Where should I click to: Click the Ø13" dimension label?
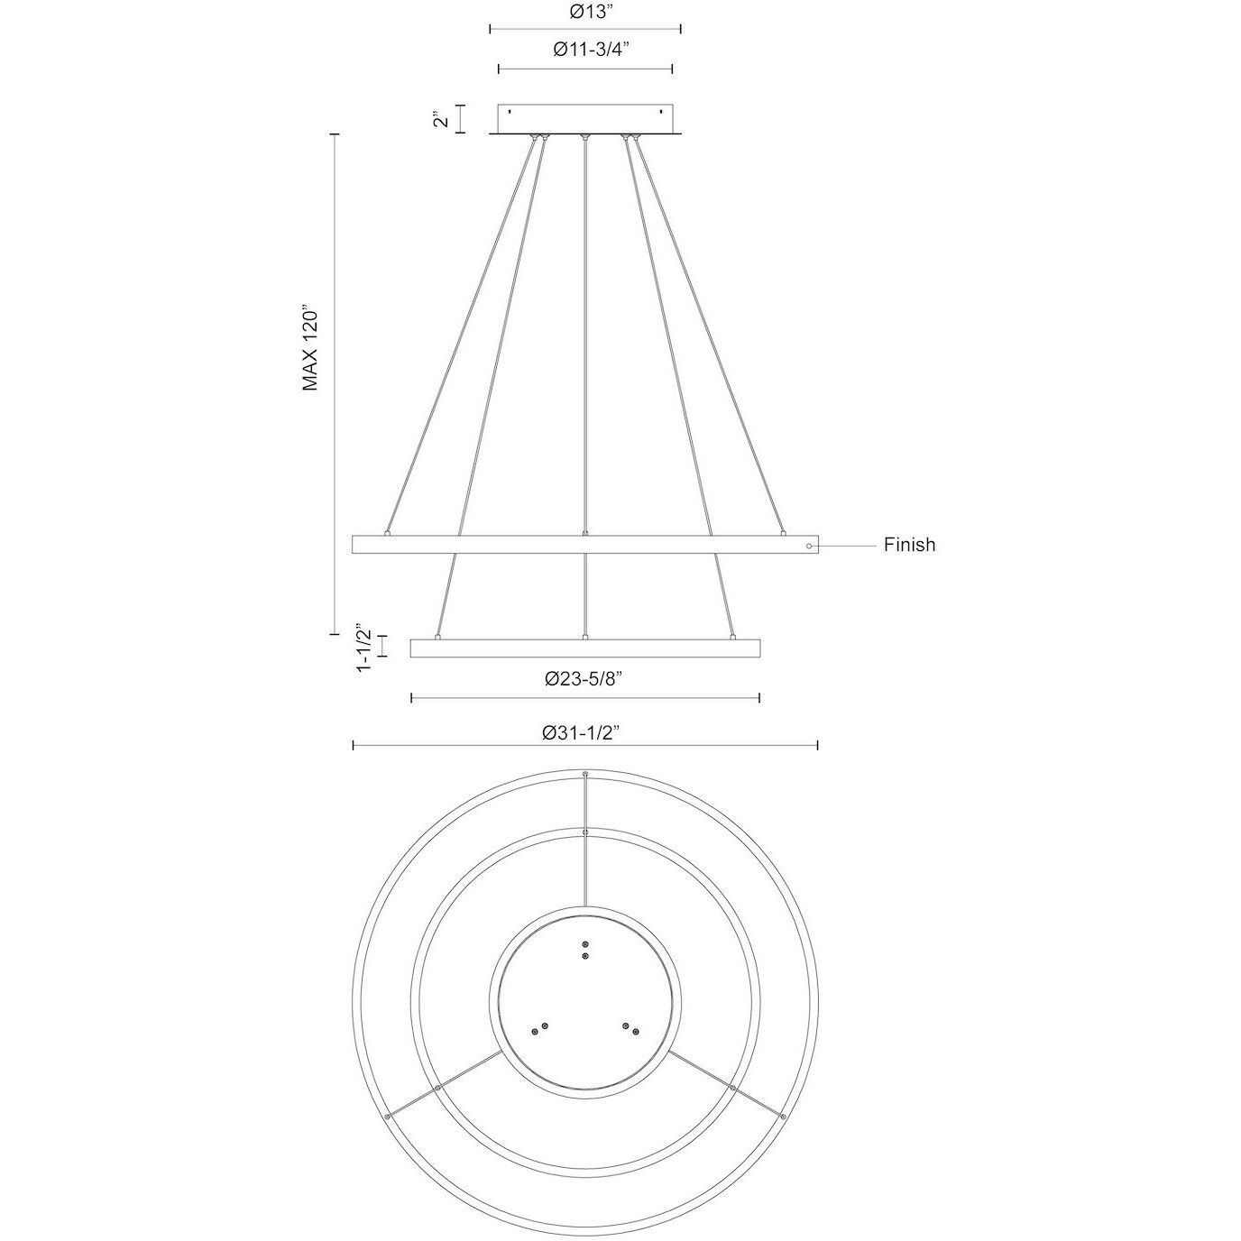[585, 12]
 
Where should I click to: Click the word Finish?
[909, 545]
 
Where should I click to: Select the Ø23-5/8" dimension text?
[585, 680]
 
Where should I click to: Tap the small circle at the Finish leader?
[809, 546]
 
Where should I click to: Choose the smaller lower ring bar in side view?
[585, 649]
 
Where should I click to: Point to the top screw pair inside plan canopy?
[585, 949]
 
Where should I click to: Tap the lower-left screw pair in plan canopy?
[539, 1029]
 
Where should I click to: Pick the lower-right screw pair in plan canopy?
[630, 1028]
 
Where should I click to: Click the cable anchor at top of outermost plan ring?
[585, 775]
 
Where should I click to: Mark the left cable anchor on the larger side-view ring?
[387, 533]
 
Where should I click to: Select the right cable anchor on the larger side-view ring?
[783, 533]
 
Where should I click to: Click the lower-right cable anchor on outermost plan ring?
[784, 1117]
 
